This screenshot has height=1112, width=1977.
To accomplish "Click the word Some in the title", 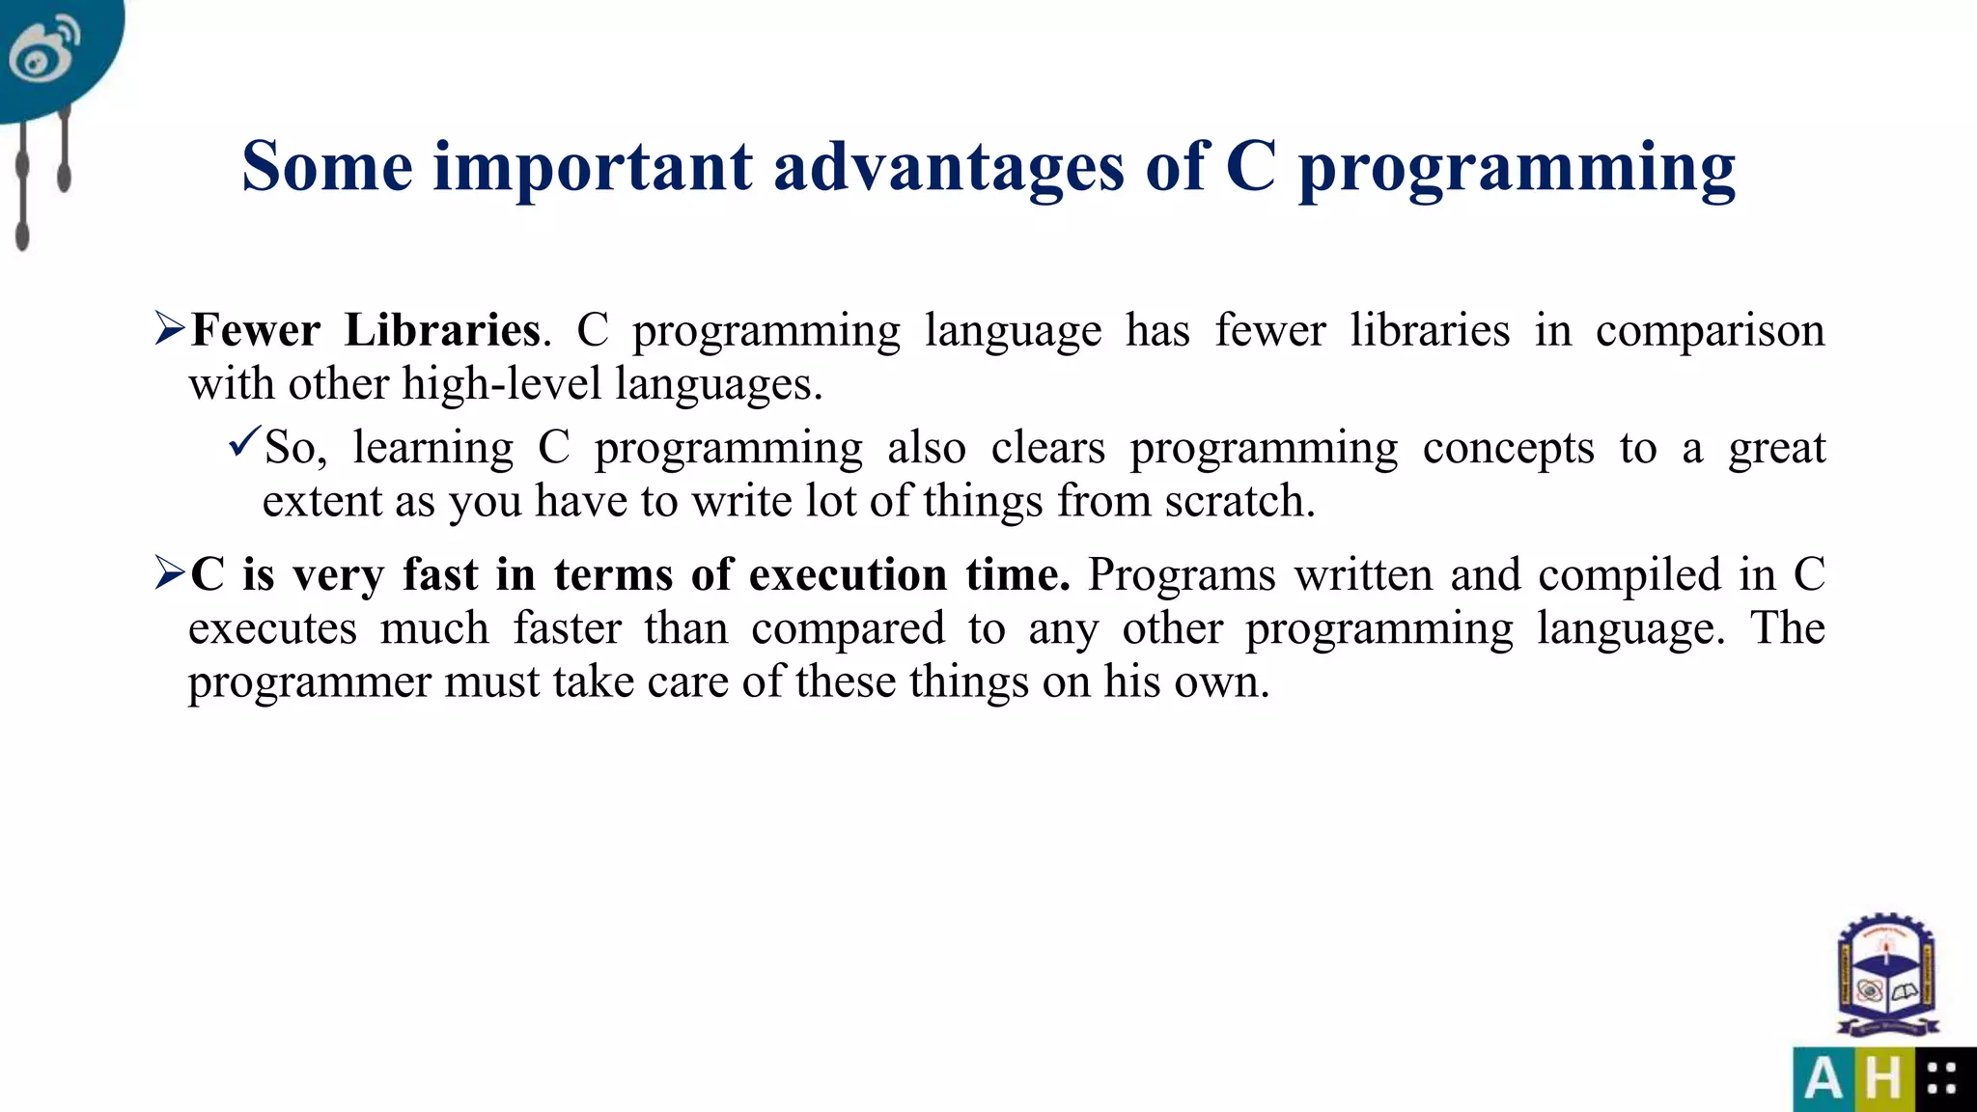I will [x=326, y=167].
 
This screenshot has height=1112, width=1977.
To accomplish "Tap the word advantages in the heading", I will [x=948, y=167].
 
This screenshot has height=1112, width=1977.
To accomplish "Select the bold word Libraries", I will [x=442, y=330].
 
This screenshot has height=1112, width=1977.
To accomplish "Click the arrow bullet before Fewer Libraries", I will [x=169, y=329].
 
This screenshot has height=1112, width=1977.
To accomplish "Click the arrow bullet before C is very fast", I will [x=169, y=573].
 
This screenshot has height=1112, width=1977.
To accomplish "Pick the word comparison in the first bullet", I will [x=1709, y=331].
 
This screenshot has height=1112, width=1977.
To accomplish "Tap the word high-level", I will [x=501, y=384].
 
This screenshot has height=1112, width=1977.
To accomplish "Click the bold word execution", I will [x=848, y=574].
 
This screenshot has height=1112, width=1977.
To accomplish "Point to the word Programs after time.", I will [x=1181, y=575].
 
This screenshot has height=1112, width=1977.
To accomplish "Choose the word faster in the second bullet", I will [x=567, y=628].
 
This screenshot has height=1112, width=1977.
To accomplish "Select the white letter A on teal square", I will [x=1823, y=1079].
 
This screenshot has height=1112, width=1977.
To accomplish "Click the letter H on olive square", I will [x=1883, y=1079].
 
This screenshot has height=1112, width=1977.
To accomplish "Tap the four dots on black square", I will [x=1941, y=1079].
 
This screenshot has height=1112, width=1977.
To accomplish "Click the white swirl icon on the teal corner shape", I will [x=43, y=48].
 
